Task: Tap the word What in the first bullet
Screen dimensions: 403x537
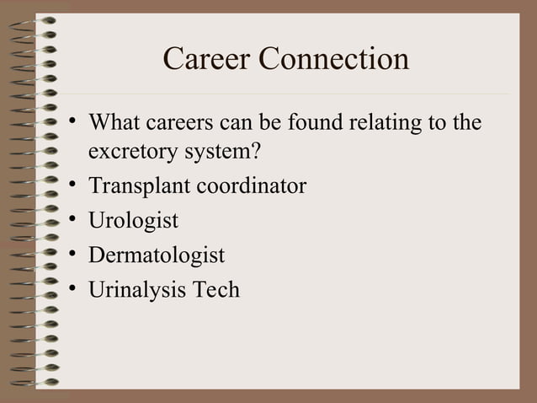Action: pos(114,123)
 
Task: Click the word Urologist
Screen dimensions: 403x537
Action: pos(133,221)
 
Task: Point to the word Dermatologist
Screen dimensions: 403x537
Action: pos(157,255)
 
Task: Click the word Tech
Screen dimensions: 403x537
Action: pos(216,289)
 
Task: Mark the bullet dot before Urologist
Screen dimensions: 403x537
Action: pos(74,221)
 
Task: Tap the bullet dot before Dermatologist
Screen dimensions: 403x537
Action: pos(74,255)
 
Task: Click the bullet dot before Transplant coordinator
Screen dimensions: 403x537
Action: pos(74,185)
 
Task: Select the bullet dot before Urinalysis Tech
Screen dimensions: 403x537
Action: pos(74,289)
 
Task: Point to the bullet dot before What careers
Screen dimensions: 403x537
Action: pos(74,124)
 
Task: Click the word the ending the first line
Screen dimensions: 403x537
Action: pos(466,123)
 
